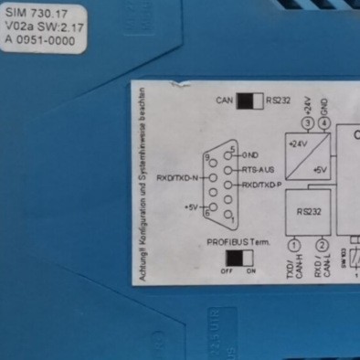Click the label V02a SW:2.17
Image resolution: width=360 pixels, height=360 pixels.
[42, 28]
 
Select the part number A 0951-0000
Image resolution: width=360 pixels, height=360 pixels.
[40, 42]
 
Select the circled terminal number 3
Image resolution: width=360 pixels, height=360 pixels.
[306, 122]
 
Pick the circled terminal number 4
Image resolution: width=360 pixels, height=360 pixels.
[325, 122]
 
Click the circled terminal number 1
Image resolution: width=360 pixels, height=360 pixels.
[294, 245]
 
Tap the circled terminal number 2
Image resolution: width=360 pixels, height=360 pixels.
[322, 245]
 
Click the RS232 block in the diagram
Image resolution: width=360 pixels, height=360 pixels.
[308, 211]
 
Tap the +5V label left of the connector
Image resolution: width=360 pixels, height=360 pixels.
[191, 207]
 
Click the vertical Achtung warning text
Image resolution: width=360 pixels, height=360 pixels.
[144, 187]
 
